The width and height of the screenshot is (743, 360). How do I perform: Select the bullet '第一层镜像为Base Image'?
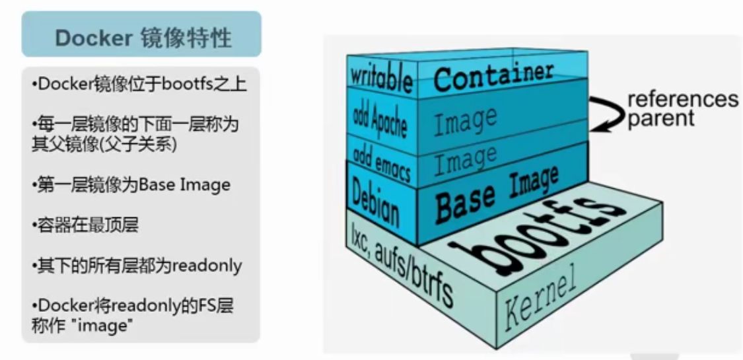click(131, 184)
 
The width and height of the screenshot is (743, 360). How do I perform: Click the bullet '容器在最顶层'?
click(85, 225)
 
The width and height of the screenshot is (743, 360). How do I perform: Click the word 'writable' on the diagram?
click(381, 78)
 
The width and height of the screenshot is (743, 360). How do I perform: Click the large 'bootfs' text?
click(537, 225)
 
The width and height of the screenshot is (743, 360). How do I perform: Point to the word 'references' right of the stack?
click(682, 99)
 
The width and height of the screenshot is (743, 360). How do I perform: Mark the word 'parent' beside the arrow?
click(661, 120)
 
